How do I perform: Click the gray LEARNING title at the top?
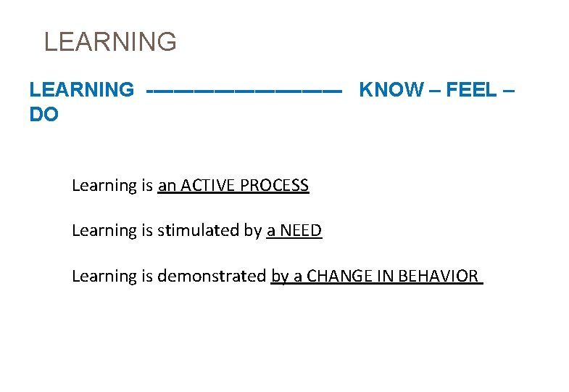[x=110, y=41]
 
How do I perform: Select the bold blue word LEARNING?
[x=81, y=90]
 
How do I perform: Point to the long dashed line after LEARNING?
[x=244, y=91]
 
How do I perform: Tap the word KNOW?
[x=391, y=90]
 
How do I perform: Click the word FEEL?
[x=471, y=90]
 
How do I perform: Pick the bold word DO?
[x=43, y=115]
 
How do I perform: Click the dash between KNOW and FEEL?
[x=434, y=90]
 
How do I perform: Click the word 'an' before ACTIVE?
[x=167, y=186]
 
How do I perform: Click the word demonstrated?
[x=212, y=276]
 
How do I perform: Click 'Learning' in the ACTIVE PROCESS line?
[x=101, y=186]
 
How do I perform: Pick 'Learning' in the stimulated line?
[x=101, y=231]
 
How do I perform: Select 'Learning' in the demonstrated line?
[x=101, y=276]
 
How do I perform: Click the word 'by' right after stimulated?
[x=252, y=231]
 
